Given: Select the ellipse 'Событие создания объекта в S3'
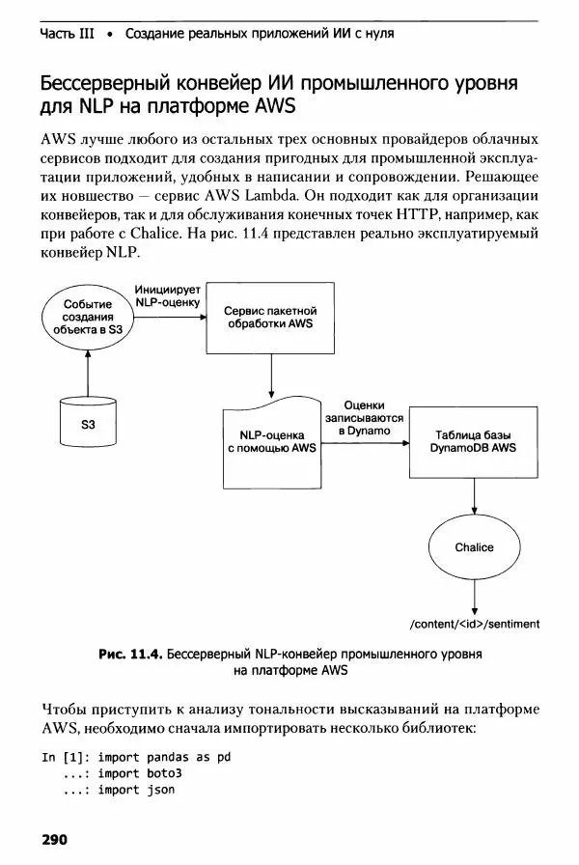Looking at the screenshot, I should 88,316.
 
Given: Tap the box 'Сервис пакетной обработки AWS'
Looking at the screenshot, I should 270,318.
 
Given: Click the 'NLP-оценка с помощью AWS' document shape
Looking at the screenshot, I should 271,441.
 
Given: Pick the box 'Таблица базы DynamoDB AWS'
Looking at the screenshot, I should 473,441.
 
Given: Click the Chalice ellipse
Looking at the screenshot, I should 474,547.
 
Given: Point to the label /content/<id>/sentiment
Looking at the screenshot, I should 474,624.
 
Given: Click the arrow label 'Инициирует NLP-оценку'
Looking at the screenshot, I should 167,294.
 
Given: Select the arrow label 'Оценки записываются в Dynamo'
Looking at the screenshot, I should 364,418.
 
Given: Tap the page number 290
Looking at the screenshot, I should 53,839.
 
